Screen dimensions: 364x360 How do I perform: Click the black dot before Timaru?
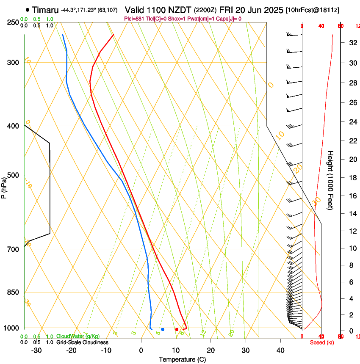28,10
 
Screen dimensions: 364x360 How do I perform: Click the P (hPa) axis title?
4,188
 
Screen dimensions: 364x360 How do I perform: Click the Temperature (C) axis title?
182,360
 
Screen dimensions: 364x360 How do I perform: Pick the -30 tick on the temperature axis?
36,350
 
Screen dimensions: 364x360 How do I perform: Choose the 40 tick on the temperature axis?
280,350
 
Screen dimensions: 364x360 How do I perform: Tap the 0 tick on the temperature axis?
141,350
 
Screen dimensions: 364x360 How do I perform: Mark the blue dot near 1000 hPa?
163,329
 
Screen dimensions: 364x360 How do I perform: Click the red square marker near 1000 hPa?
177,329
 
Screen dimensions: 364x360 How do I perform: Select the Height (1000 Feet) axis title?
331,180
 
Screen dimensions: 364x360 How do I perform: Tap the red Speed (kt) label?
322,342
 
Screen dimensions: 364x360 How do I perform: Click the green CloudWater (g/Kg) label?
78,336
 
